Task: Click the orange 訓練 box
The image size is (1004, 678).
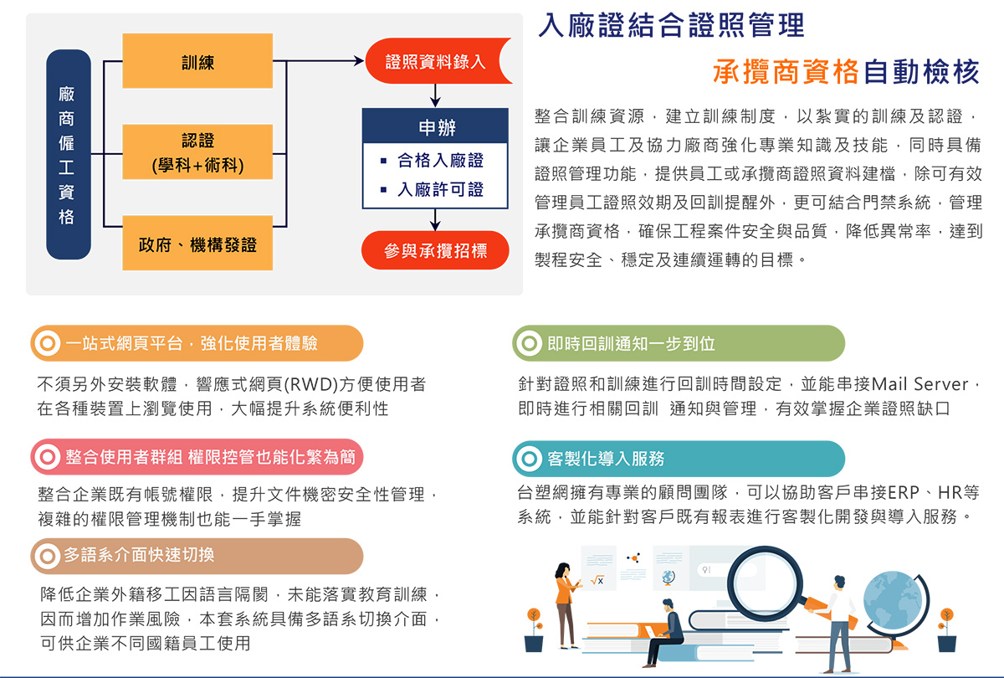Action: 197,61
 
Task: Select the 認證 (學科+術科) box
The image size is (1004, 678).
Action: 197,152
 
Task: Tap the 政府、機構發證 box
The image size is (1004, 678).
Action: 197,244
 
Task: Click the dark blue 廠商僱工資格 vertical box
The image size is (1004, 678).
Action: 68,153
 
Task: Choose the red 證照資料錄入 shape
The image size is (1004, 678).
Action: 435,62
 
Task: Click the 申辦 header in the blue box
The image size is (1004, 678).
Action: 435,128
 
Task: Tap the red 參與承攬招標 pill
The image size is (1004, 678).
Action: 435,250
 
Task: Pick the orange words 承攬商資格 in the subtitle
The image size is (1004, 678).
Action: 786,72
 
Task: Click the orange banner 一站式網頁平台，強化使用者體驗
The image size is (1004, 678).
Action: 197,343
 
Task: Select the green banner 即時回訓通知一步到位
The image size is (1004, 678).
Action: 678,343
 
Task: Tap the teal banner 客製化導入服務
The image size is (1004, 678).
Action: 678,459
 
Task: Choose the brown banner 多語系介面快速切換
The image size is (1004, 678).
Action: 197,555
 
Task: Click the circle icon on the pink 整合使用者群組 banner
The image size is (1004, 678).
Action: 48,459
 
